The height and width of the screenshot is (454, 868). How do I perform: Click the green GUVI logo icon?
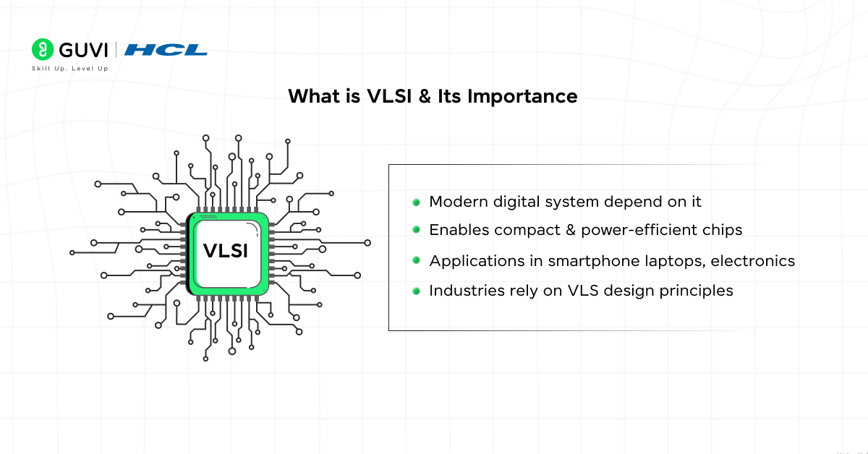click(x=42, y=49)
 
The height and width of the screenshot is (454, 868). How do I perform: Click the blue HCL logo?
click(x=166, y=50)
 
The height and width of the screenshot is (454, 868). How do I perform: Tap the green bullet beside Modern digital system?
click(x=416, y=202)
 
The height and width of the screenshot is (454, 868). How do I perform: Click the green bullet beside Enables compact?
click(x=416, y=230)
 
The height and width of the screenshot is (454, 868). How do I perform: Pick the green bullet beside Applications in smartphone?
click(x=416, y=260)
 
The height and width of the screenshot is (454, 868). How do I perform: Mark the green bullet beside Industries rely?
click(x=416, y=291)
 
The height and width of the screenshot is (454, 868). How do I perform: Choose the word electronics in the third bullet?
click(x=753, y=260)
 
